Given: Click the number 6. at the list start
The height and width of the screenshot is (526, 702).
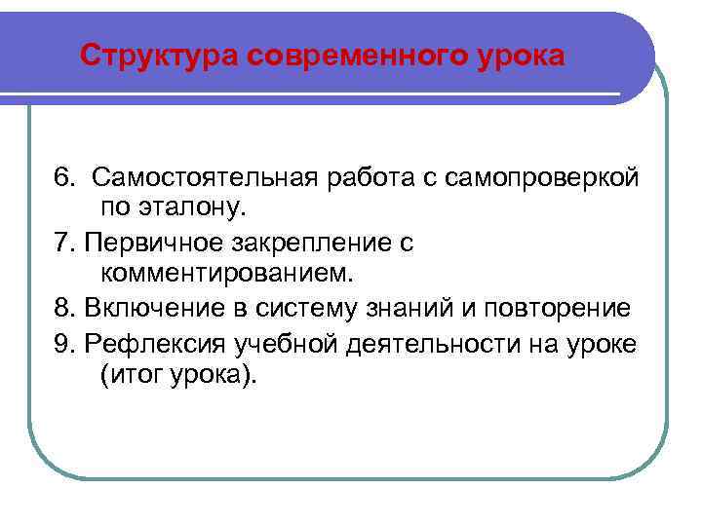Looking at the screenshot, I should tap(64, 178).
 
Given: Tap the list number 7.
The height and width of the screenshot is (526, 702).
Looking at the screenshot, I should tap(64, 243).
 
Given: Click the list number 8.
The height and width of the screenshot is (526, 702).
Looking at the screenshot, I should tap(64, 309).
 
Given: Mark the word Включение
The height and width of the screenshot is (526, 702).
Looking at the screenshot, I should tap(149, 309).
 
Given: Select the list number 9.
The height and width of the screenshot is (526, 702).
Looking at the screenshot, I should tap(64, 342).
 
